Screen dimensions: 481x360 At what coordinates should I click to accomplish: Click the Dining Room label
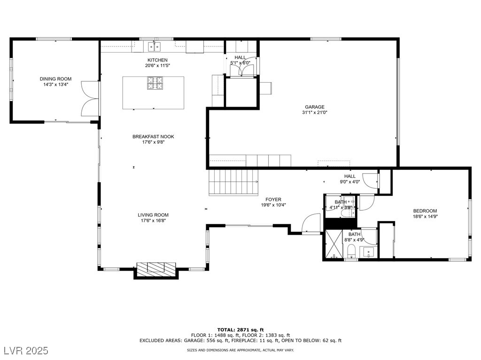[55, 79]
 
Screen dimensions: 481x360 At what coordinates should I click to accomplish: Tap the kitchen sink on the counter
[155, 46]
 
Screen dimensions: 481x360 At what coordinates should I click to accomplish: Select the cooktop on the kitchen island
[155, 83]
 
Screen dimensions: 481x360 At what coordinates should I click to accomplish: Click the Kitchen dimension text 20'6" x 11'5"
[157, 65]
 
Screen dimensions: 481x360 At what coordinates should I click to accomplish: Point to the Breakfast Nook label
[153, 137]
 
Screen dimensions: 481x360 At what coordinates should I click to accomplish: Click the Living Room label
[153, 215]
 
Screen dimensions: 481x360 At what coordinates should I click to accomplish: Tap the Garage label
[314, 107]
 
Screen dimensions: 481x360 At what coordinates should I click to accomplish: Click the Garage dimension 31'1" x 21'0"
[314, 113]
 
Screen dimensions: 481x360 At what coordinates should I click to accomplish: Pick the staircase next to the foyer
[233, 183]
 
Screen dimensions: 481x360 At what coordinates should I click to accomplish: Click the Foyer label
[273, 199]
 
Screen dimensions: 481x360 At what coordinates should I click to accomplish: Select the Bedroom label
[425, 211]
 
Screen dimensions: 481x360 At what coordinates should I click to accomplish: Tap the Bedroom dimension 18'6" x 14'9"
[425, 216]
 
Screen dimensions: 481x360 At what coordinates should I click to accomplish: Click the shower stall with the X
[334, 244]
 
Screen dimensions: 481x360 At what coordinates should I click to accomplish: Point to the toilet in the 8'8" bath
[351, 252]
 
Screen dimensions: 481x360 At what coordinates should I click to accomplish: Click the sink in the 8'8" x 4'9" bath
[368, 252]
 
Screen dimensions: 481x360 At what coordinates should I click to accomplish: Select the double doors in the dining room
[90, 99]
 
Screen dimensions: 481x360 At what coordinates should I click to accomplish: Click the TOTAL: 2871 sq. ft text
[240, 330]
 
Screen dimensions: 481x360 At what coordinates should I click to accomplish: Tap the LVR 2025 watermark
[26, 351]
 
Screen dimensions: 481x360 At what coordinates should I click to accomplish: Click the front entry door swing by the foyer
[311, 223]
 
